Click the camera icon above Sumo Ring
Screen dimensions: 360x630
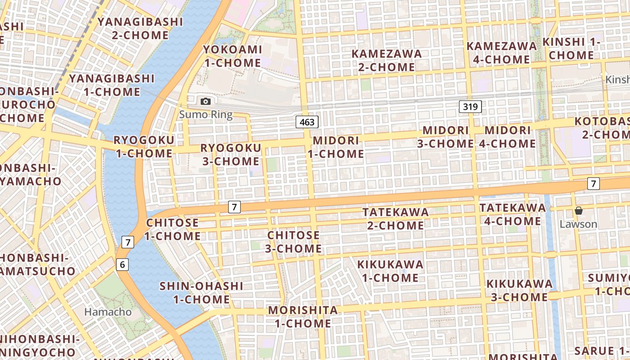[x=206, y=101]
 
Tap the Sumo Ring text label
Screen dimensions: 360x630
[x=206, y=114]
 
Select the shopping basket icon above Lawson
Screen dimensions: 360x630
[x=579, y=211]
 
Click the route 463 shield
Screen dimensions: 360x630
[x=307, y=122]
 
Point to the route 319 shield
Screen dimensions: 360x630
[x=471, y=107]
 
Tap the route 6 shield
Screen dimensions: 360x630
[x=122, y=265]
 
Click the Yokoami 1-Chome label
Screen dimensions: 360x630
[x=233, y=56]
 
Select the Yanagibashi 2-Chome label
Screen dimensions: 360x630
[x=140, y=28]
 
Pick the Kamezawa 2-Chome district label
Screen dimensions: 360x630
[x=387, y=60]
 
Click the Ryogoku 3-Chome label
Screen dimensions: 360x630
[x=231, y=154]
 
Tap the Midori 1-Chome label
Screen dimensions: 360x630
[x=336, y=147]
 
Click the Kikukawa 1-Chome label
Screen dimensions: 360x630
[x=391, y=271]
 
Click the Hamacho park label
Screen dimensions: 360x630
[x=108, y=311]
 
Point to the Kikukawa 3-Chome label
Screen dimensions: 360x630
[x=519, y=290]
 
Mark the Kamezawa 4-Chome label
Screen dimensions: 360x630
[x=501, y=53]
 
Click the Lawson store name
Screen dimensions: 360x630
[x=578, y=224]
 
